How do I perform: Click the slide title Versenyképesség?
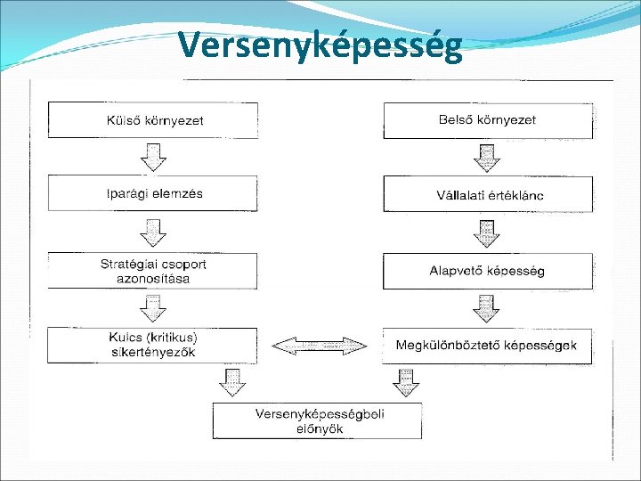(x=320, y=45)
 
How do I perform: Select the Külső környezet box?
(x=152, y=120)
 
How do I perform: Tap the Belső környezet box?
(x=487, y=120)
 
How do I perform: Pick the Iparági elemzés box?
(x=152, y=193)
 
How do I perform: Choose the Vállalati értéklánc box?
(x=487, y=194)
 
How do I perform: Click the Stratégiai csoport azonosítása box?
(x=152, y=271)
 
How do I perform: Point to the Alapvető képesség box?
(x=487, y=271)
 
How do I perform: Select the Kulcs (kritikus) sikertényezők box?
(x=152, y=345)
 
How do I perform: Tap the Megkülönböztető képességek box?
(x=487, y=345)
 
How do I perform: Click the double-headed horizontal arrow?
(x=320, y=345)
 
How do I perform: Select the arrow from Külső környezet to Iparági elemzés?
(x=154, y=157)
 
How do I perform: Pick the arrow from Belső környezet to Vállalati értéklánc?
(x=486, y=157)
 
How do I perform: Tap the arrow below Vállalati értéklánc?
(x=486, y=232)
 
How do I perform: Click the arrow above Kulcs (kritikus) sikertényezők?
(x=154, y=308)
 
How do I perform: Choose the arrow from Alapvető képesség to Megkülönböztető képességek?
(x=486, y=308)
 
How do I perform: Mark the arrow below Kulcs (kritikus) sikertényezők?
(x=231, y=381)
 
